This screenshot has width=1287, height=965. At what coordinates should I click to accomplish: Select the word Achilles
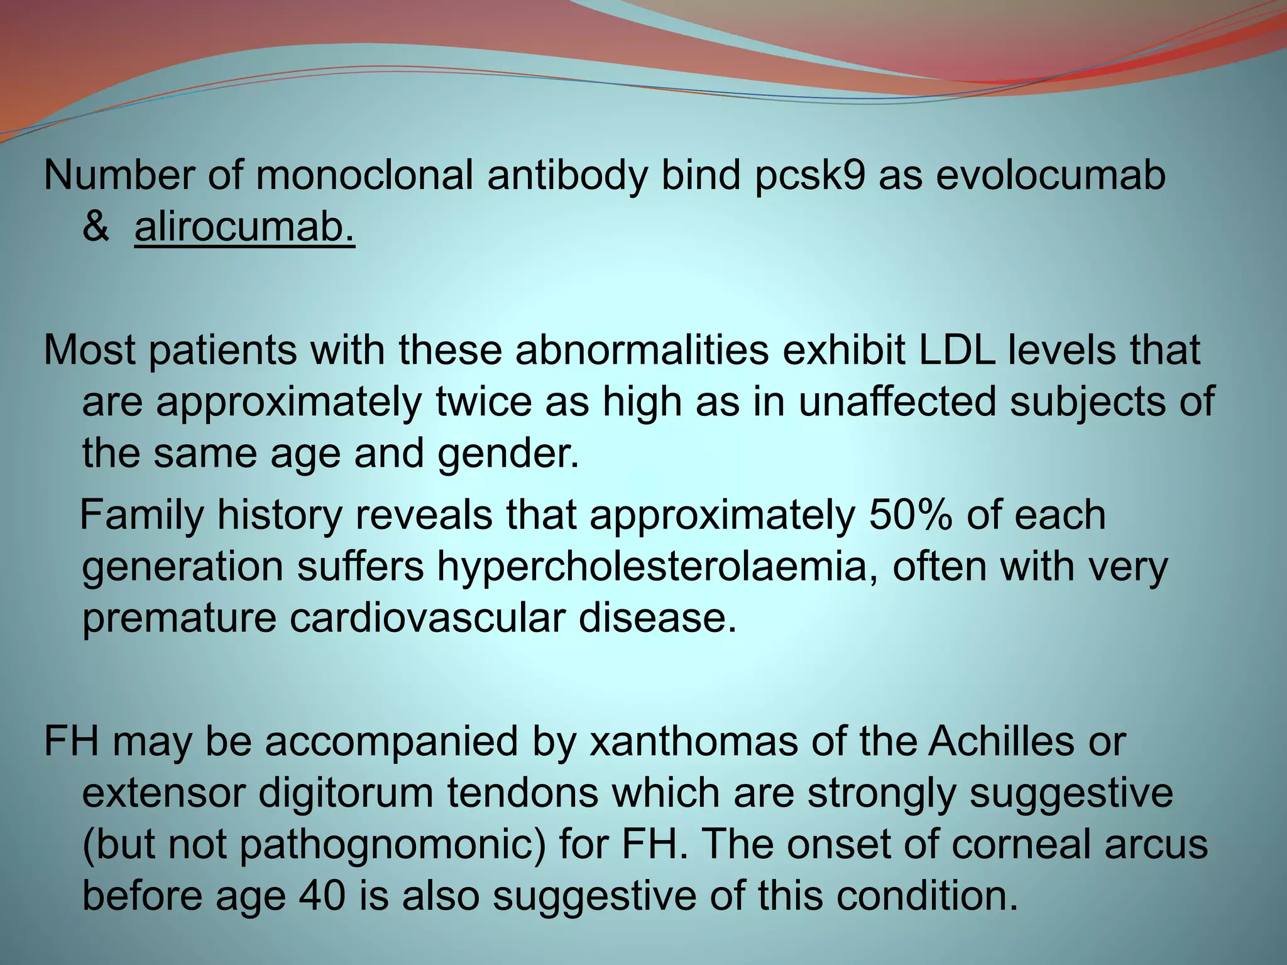[x=1002, y=741]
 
